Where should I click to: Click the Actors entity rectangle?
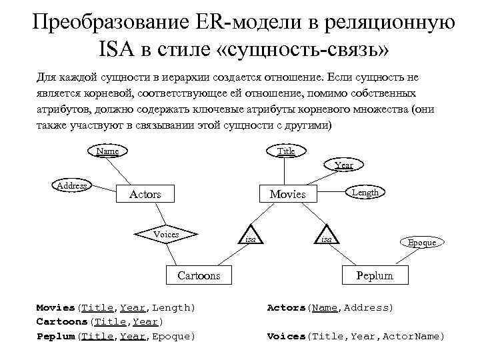[145, 194]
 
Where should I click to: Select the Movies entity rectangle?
[287, 194]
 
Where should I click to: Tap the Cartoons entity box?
[199, 275]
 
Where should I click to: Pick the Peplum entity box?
[375, 275]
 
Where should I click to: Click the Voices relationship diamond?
[166, 234]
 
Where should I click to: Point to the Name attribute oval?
[107, 151]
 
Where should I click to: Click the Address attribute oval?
[72, 185]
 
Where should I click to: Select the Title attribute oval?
[286, 151]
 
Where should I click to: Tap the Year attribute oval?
[344, 165]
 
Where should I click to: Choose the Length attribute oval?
[365, 192]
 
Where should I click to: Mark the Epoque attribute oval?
[421, 243]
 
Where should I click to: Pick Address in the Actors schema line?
[367, 307]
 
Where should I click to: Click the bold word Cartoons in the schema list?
[61, 321]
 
